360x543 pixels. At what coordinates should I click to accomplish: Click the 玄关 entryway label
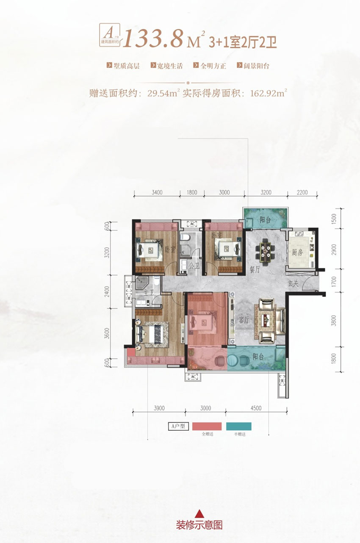pyautogui.click(x=293, y=283)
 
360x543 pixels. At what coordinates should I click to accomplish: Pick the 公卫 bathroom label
pyautogui.click(x=194, y=266)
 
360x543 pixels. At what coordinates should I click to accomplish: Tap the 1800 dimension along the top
pyautogui.click(x=192, y=192)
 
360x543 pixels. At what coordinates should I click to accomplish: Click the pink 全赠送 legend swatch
pyautogui.click(x=207, y=427)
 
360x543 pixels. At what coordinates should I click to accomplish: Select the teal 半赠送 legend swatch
pyautogui.click(x=238, y=427)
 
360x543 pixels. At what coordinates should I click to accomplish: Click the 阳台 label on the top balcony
pyautogui.click(x=266, y=220)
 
